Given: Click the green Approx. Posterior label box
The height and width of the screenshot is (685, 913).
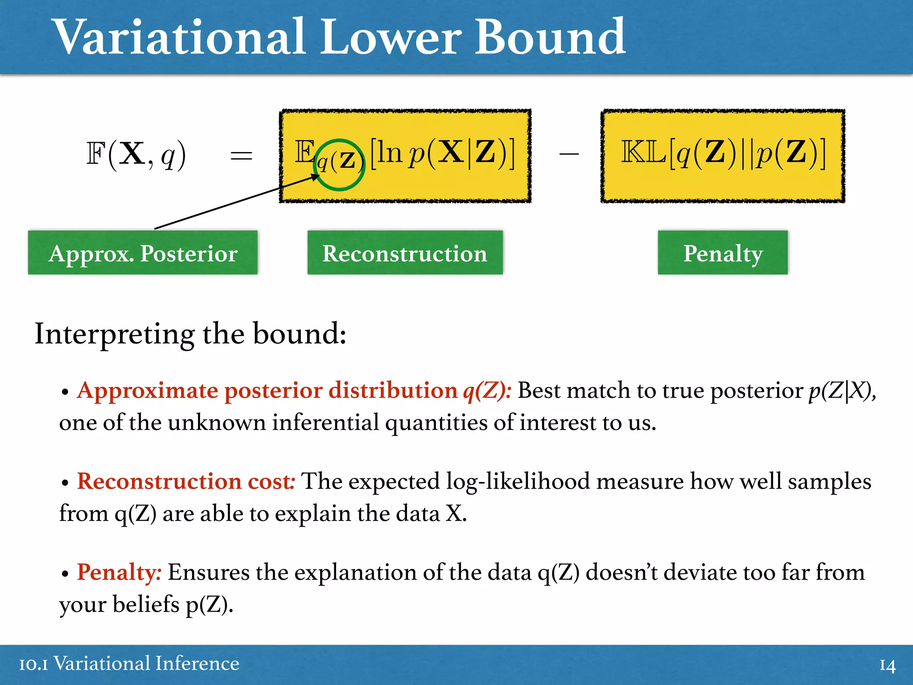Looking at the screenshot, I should click(x=143, y=253).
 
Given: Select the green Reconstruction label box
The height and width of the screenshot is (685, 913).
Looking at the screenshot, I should click(x=405, y=253).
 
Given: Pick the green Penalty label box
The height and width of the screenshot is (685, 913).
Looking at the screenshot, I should click(x=723, y=253).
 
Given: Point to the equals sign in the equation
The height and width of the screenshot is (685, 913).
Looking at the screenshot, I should click(x=241, y=156).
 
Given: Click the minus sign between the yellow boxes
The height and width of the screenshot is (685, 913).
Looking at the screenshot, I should click(x=569, y=154).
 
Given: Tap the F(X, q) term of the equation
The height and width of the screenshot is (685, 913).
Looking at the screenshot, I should click(x=136, y=154).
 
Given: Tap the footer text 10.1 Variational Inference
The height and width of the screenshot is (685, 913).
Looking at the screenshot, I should click(x=129, y=664).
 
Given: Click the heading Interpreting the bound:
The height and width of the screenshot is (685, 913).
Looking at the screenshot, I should click(x=190, y=334).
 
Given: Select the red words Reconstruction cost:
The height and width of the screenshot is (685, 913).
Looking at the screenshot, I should click(x=186, y=482).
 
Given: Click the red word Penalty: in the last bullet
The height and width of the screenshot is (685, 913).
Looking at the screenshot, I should click(x=119, y=572).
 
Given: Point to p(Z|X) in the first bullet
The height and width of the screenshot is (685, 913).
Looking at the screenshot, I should click(x=841, y=391).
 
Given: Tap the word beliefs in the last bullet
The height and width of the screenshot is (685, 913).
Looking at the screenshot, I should click(x=146, y=605).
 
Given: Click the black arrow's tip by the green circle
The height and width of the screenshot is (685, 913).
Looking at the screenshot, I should click(x=319, y=175).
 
